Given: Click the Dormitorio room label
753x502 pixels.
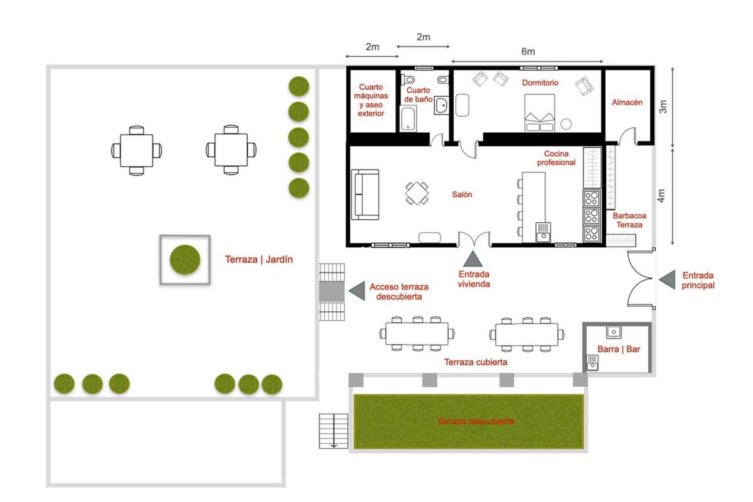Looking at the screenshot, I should [x=540, y=83].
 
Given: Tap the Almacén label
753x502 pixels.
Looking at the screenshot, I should [x=627, y=102].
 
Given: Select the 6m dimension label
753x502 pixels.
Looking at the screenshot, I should [x=528, y=52].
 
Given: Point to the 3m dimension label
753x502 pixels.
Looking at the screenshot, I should [x=663, y=107].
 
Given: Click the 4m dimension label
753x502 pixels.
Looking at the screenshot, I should [x=661, y=196].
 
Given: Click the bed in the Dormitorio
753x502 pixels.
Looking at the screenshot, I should [x=540, y=113].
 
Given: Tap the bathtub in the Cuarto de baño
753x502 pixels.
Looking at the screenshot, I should [x=408, y=119].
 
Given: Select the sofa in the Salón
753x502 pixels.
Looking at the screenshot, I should [x=365, y=195].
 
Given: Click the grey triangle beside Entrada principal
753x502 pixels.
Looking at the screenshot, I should [x=668, y=280].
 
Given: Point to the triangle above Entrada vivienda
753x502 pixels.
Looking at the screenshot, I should [x=473, y=260].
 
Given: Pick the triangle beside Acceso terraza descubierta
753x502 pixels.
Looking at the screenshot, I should [x=357, y=291].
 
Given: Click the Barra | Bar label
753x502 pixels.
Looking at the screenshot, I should [x=618, y=349].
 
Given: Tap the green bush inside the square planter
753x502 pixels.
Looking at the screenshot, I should [x=185, y=259].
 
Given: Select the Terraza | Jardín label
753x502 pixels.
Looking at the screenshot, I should [x=259, y=259].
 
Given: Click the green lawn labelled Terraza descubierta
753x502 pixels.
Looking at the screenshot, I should [x=468, y=422].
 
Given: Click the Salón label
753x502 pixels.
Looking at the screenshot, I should [x=462, y=195].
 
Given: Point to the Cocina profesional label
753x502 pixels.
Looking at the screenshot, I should [x=556, y=158].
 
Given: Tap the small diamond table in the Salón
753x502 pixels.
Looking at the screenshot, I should [x=417, y=193].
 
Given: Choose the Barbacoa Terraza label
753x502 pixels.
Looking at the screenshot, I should [x=629, y=220].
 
